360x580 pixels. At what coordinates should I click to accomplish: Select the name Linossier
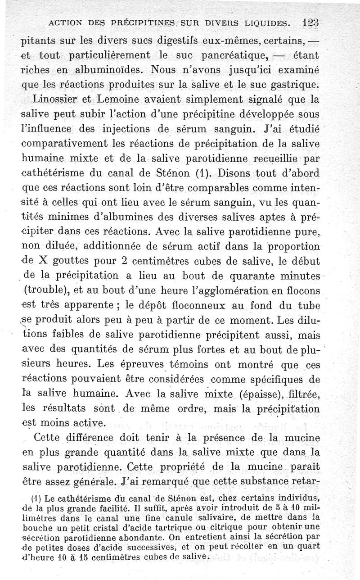coord(50,99)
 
